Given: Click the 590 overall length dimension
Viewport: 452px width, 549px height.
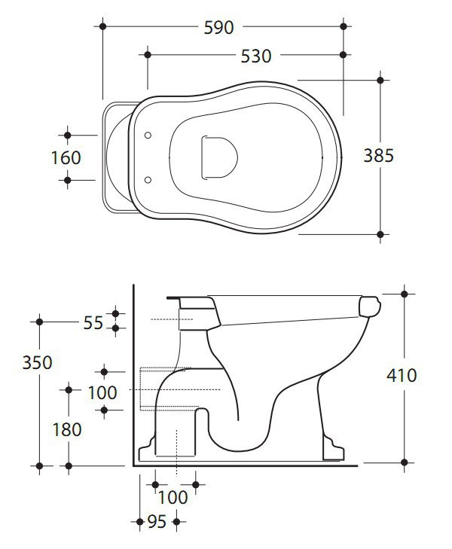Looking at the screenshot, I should coord(219,27).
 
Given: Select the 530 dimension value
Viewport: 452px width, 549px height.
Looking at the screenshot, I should coord(256,56).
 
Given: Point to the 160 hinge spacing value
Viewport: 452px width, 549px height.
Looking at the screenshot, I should coord(66,158).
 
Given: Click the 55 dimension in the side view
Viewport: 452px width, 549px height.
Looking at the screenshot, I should coord(93,322).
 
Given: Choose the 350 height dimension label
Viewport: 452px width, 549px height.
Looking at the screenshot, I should coord(38,362).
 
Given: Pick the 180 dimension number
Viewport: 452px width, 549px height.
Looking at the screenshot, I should coord(67,429).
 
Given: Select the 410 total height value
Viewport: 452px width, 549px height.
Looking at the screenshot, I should coord(401,374).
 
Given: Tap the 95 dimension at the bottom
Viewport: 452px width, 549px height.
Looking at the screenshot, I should coord(157,521).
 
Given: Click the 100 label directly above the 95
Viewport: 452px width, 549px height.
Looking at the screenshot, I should coord(174,497).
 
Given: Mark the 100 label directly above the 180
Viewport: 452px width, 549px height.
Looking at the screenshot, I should coord(102,392).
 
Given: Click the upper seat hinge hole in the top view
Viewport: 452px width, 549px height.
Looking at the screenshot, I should coord(148,136).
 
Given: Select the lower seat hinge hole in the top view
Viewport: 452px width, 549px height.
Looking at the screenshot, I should coord(148,180).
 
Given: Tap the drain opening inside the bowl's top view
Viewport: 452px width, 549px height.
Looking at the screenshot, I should coord(218,157).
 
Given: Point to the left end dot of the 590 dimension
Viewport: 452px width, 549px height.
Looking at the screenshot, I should coord(102,27).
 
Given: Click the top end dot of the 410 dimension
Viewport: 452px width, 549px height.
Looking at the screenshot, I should coord(405,294).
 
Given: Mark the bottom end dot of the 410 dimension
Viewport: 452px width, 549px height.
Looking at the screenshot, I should coord(405,462).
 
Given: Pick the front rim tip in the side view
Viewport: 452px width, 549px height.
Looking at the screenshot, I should coord(372,306).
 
